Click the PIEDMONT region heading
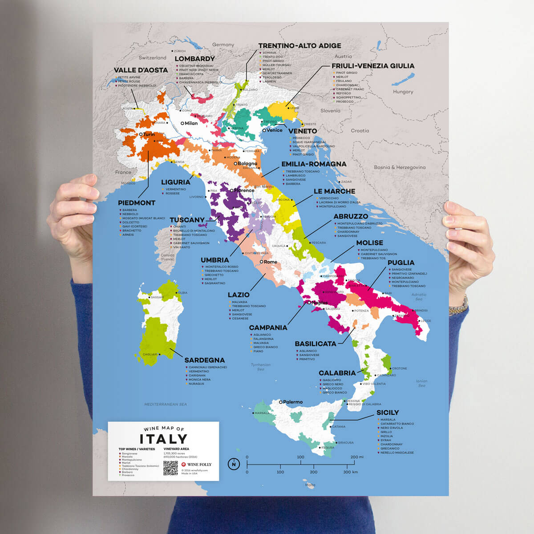point(137,203)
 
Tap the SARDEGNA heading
point(204,360)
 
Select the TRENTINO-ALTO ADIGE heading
point(299,46)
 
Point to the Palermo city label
point(292,402)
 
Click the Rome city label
point(270,262)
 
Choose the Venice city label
point(274,130)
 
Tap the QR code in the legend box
point(170,468)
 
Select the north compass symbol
point(234,464)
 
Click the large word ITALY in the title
point(163,439)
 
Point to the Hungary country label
point(403,92)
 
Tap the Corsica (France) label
point(167,257)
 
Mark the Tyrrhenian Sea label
point(260,367)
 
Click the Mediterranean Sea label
point(166,405)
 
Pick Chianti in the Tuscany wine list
point(180,227)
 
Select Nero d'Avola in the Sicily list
point(392,428)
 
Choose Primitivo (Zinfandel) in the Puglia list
point(409,274)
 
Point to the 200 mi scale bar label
point(357,457)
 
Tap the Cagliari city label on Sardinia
point(150,354)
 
